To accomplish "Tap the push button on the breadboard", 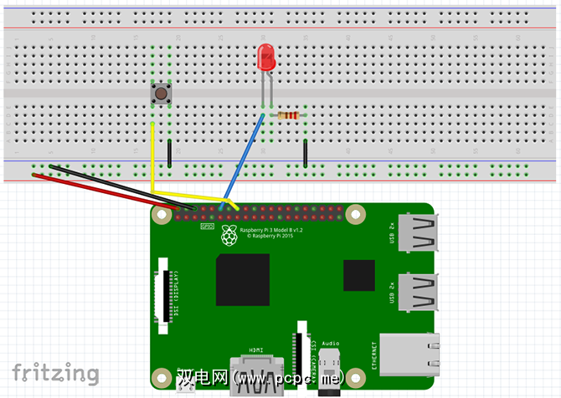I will point(161,93).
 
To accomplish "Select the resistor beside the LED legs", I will point(289,115).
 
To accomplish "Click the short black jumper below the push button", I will point(170,153).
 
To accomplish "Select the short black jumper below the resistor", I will point(306,153).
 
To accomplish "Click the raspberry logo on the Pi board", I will point(229,238).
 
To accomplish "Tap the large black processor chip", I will point(243,278).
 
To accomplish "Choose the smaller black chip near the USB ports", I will point(358,276).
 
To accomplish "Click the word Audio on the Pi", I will point(331,344).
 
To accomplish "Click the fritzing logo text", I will point(55,373).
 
